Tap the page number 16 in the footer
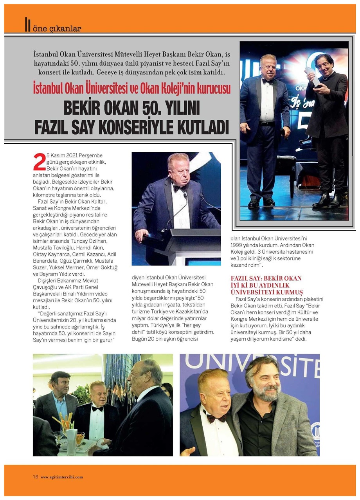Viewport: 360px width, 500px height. pos(35,477)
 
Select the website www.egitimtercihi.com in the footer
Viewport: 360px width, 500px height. pos(61,477)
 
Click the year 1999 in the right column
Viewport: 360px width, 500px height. pos(238,244)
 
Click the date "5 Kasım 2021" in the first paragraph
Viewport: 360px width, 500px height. pos(64,156)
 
